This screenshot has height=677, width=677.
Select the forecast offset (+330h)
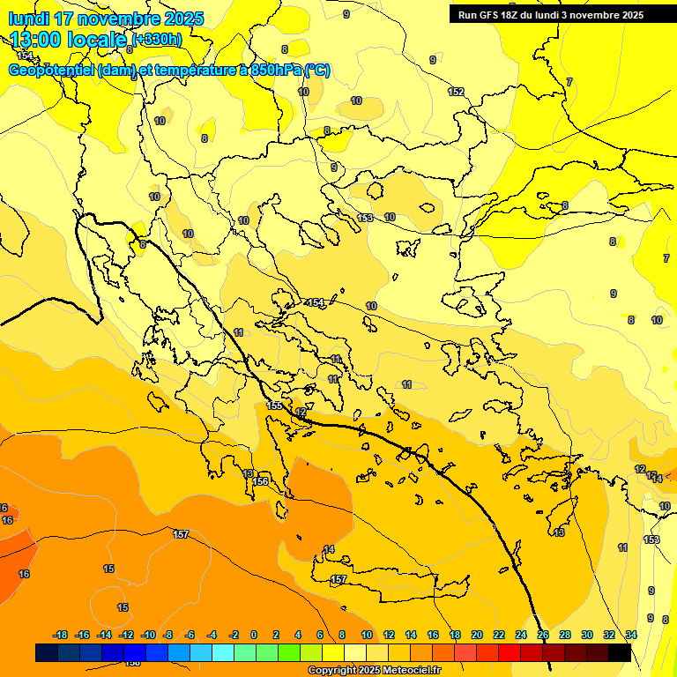[x=157, y=40]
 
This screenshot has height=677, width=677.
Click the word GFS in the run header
[x=491, y=15]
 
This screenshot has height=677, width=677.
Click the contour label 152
[x=456, y=92]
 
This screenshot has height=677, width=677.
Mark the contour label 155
[x=275, y=405]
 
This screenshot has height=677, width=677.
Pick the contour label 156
[x=260, y=481]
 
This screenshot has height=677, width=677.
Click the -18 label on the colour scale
[x=60, y=635]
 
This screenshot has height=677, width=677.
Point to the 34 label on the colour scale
[x=631, y=635]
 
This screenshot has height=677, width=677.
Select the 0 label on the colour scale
[x=254, y=635]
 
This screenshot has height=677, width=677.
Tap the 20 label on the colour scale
[x=477, y=635]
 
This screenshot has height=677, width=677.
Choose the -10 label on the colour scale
[x=147, y=635]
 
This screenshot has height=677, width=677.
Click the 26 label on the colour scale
[x=543, y=635]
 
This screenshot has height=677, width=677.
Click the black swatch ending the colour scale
[x=620, y=652]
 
